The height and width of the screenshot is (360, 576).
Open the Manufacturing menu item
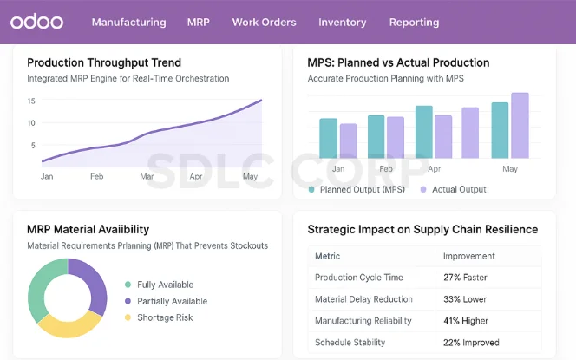[128, 23]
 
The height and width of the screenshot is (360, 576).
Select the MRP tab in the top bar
[199, 23]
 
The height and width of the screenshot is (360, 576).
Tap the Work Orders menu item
[264, 23]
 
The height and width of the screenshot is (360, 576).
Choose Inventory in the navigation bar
[342, 23]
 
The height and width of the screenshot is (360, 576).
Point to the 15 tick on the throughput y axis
[31, 101]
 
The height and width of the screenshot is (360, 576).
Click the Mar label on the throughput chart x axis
[147, 176]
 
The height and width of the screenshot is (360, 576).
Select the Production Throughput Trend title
[104, 62]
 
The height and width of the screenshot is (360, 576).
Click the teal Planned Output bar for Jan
[328, 139]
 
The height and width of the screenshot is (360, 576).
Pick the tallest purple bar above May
[520, 126]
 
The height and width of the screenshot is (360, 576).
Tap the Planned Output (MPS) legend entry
[359, 189]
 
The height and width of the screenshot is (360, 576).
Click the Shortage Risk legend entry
[165, 317]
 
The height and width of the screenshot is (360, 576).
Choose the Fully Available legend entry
[165, 285]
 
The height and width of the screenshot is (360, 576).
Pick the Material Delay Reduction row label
[365, 299]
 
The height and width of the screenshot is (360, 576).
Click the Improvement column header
[469, 256]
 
